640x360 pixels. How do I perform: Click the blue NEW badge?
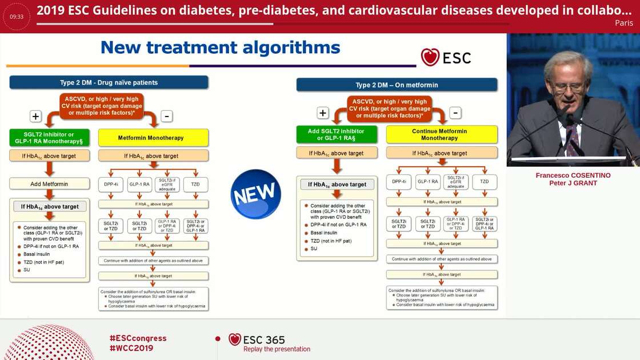(x=255, y=194)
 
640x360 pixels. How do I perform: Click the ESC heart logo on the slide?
(x=430, y=57)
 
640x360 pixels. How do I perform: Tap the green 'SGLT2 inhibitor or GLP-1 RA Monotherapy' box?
(x=49, y=138)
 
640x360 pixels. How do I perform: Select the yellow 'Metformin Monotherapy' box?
(x=151, y=138)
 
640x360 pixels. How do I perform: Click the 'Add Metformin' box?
(x=49, y=183)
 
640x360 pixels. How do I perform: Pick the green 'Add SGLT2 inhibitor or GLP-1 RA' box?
(x=336, y=135)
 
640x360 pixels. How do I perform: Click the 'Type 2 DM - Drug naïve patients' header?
(x=109, y=82)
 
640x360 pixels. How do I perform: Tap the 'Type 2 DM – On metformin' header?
(x=397, y=85)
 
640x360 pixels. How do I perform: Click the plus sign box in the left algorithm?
(x=35, y=117)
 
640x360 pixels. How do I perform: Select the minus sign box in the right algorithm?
(x=455, y=113)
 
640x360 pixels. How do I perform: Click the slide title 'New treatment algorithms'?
(x=220, y=47)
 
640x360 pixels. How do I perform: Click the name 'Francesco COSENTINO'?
(x=573, y=175)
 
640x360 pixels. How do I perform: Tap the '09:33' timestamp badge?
(x=17, y=17)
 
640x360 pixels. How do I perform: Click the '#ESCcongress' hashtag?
(x=138, y=338)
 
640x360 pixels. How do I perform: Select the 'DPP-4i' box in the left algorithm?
(x=111, y=185)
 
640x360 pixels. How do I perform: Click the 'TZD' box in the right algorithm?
(x=485, y=182)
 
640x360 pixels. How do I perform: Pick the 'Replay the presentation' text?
(x=277, y=349)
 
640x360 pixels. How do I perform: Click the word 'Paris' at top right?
(x=624, y=23)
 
